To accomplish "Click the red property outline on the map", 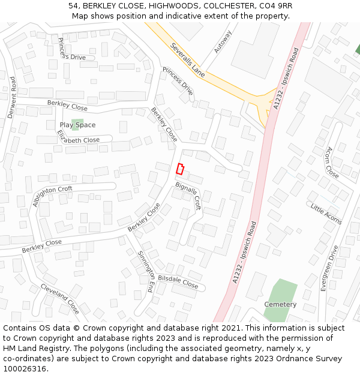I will pyautogui.click(x=179, y=169).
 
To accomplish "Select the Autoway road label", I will pyautogui.click(x=223, y=41).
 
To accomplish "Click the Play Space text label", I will pyautogui.click(x=77, y=125).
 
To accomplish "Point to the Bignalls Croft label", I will pyautogui.click(x=188, y=196).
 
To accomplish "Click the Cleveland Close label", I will pyautogui.click(x=60, y=299).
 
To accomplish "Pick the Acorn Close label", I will pyautogui.click(x=332, y=162).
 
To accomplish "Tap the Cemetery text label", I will pyautogui.click(x=280, y=304).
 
